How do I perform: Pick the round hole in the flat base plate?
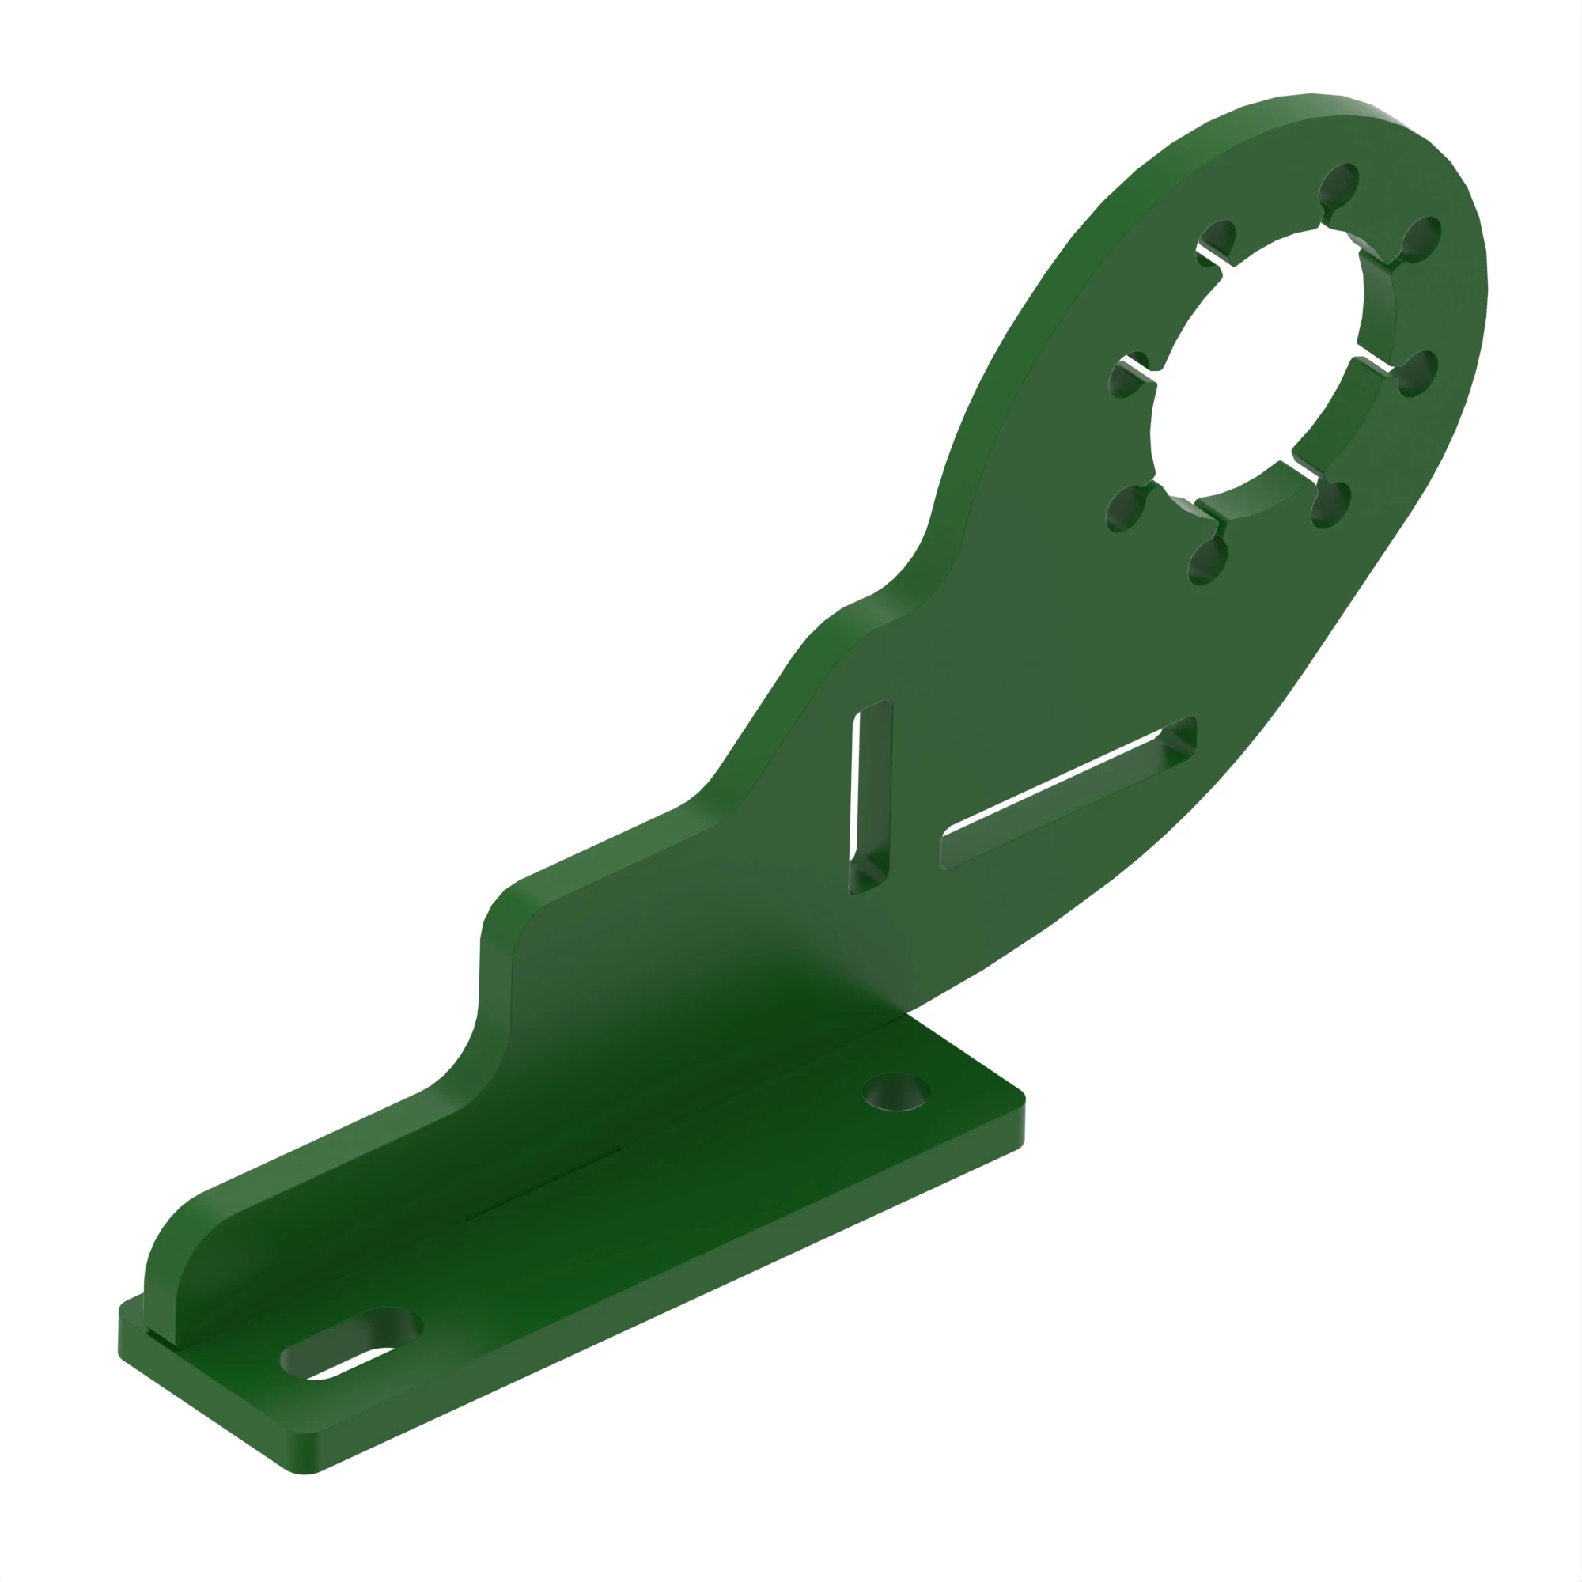[897, 1092]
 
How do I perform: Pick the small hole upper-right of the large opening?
[1421, 237]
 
